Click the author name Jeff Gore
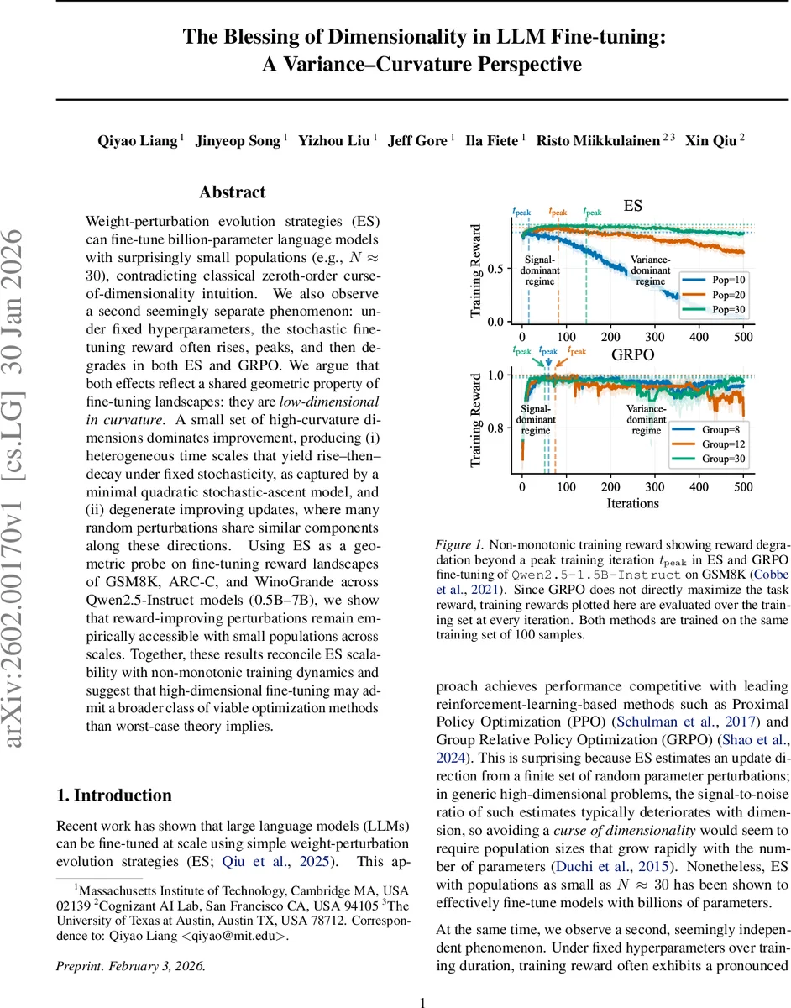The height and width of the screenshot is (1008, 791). tap(417, 141)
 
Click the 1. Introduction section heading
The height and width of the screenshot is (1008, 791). tap(113, 795)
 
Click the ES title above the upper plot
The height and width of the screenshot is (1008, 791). tap(633, 205)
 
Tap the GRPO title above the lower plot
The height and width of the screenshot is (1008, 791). tap(631, 354)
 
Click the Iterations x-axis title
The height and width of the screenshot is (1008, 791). tap(631, 502)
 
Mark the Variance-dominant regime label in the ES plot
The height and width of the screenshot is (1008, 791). tap(650, 271)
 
